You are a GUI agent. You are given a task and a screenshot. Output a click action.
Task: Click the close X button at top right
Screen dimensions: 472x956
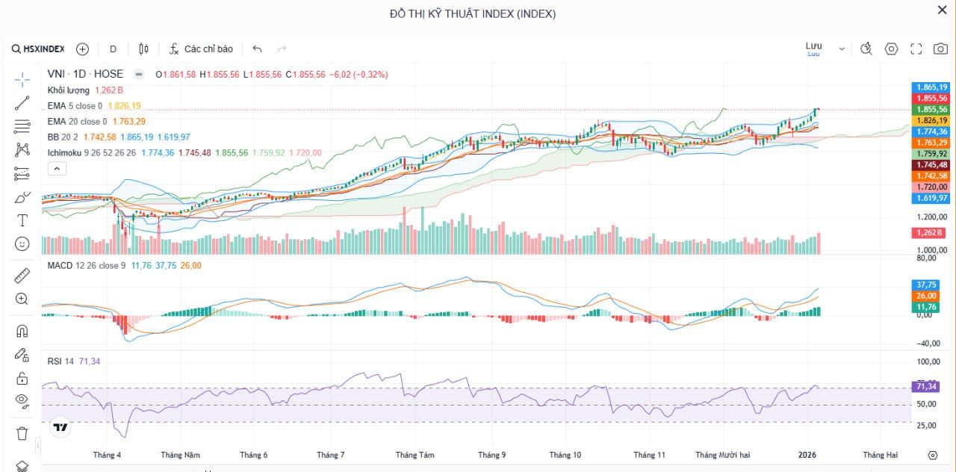tap(942, 10)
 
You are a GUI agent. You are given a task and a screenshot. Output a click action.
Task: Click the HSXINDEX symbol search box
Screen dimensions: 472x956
tap(39, 49)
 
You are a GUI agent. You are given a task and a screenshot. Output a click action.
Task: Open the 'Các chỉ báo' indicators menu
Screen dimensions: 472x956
tap(201, 49)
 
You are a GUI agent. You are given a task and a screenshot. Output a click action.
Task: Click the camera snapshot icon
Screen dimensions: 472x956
tap(940, 49)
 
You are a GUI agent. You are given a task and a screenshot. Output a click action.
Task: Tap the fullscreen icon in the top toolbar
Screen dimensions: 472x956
tap(916, 49)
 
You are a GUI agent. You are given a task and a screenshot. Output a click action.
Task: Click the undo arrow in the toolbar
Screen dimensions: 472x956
tap(257, 49)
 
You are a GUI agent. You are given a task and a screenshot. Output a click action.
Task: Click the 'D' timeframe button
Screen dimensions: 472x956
tap(113, 49)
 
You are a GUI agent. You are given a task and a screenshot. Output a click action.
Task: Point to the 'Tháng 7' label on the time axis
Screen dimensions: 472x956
tap(330, 455)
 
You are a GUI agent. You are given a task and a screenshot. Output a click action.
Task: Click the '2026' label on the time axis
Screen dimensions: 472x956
tap(807, 455)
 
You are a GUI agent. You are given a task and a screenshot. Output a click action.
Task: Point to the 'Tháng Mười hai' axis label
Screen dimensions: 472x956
tap(722, 455)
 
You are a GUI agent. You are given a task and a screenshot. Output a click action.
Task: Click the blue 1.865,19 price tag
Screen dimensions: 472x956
tap(931, 87)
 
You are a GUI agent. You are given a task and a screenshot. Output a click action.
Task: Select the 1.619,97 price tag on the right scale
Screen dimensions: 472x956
tap(931, 198)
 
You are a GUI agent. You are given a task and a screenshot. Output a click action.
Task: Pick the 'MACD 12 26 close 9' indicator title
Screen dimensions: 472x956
tap(86, 265)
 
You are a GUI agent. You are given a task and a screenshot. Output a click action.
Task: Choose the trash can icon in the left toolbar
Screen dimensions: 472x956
tap(22, 433)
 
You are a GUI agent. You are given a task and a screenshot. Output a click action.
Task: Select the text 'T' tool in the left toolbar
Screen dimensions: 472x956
tap(22, 220)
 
